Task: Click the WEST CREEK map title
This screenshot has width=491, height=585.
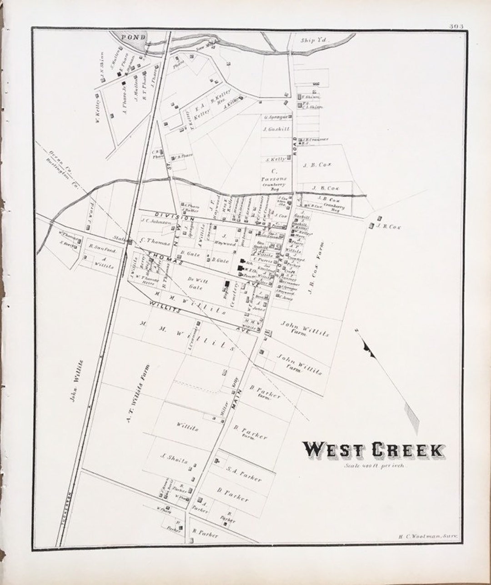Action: click(x=373, y=450)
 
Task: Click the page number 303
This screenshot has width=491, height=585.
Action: click(x=456, y=26)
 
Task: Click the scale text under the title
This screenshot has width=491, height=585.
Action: click(x=374, y=465)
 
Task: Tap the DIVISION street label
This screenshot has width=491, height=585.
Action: click(x=168, y=214)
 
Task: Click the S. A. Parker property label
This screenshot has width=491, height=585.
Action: click(x=245, y=475)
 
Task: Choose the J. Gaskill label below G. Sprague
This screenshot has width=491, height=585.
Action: click(x=276, y=129)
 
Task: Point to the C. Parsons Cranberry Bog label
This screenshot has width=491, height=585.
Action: click(x=274, y=179)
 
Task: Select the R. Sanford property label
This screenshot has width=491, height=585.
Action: click(x=102, y=250)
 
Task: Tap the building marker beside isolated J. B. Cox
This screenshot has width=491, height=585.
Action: click(x=372, y=225)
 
